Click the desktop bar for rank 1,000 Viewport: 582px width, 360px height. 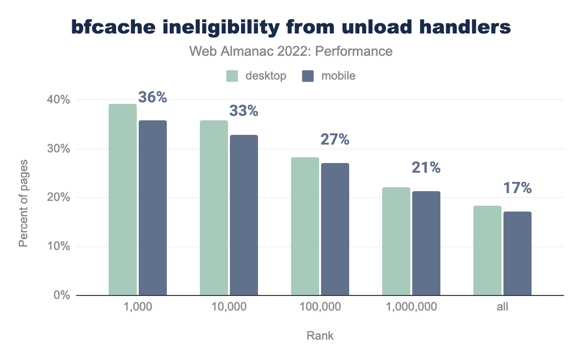123,199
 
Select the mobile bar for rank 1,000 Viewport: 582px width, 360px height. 153,208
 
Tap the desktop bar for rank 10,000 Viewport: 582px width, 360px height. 214,208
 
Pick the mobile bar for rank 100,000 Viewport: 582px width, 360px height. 335,229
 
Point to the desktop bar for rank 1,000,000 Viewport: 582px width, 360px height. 396,241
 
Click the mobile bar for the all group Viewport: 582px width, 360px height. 517,253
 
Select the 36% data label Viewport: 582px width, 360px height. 153,98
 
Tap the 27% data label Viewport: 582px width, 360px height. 335,140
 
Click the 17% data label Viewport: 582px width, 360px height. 517,188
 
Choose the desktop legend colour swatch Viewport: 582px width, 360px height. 232,76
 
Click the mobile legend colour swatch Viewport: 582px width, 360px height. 308,76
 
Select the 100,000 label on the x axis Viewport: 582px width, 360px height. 320,307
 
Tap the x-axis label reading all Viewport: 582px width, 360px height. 502,307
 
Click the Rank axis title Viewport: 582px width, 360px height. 320,336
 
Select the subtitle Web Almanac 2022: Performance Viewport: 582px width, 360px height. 291,51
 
